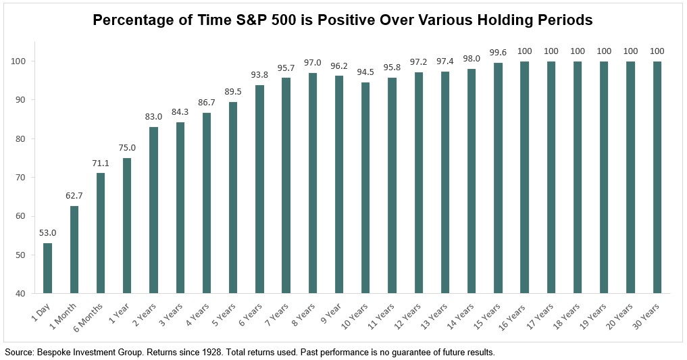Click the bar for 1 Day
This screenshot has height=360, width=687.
[47, 268]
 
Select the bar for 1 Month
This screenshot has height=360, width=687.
[74, 249]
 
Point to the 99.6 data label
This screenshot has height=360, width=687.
[498, 52]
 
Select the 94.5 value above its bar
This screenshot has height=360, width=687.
[365, 72]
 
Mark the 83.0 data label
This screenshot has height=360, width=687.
[153, 117]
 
